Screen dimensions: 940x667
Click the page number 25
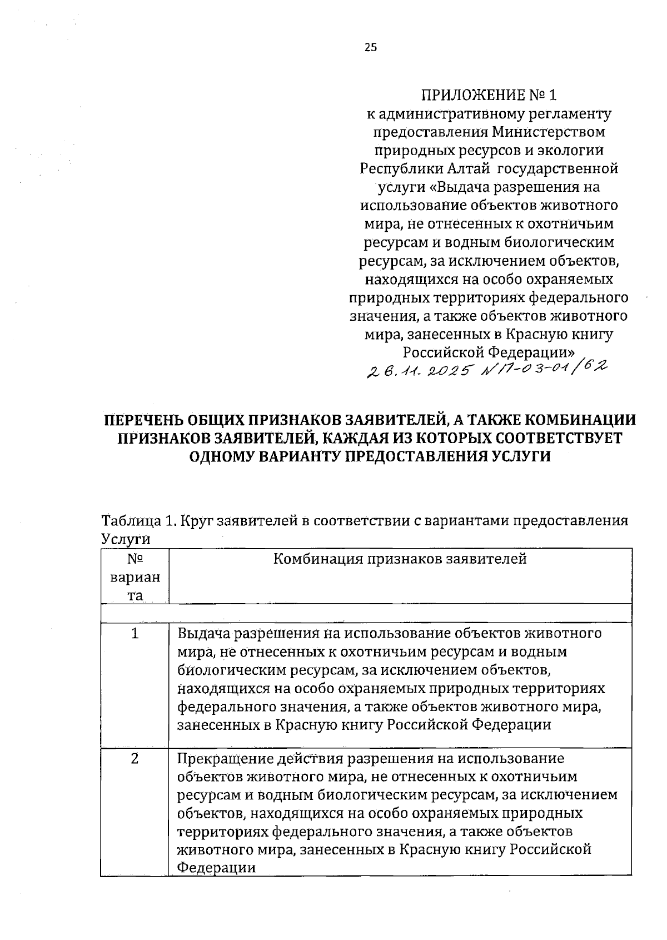(x=371, y=48)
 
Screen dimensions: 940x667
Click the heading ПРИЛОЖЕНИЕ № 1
(x=489, y=95)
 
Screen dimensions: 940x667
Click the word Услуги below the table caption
(x=126, y=539)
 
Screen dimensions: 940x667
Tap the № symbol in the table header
(x=135, y=559)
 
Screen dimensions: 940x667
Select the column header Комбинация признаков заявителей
(x=400, y=559)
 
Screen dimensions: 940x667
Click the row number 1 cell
(x=135, y=634)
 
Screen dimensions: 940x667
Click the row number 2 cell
(x=135, y=759)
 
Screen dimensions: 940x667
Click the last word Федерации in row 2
(x=216, y=868)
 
